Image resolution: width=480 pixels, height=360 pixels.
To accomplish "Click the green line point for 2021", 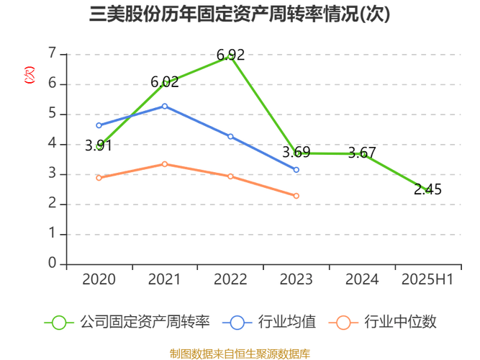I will point(165,83).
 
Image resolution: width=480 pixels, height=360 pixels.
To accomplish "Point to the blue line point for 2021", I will point(165,106).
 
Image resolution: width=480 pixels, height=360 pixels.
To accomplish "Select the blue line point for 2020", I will point(99,125).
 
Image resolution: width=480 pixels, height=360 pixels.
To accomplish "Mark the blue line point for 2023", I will point(296,170).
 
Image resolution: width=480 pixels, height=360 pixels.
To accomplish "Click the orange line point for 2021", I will point(165,164).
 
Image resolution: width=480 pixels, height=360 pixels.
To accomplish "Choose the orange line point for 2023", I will point(296,196).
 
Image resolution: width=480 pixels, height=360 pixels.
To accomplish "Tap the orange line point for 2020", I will point(99,178).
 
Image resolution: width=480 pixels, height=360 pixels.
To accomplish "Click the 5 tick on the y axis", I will point(52,114).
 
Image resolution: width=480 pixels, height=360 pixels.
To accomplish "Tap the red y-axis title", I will point(30,75).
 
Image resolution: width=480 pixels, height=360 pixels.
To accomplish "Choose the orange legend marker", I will point(343,322).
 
